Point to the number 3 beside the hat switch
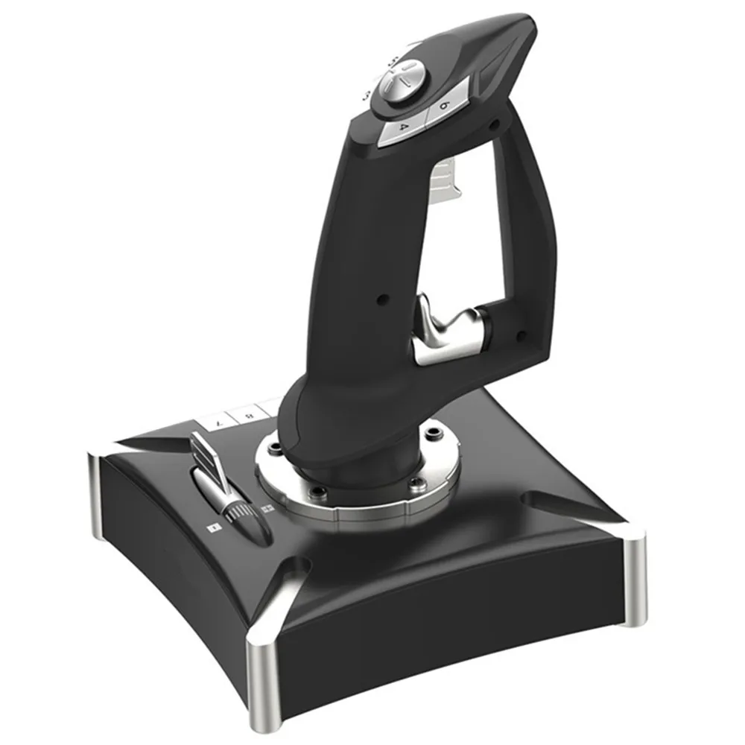pos(367,95)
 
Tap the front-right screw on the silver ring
pos(414,484)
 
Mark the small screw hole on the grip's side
pos(382,299)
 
